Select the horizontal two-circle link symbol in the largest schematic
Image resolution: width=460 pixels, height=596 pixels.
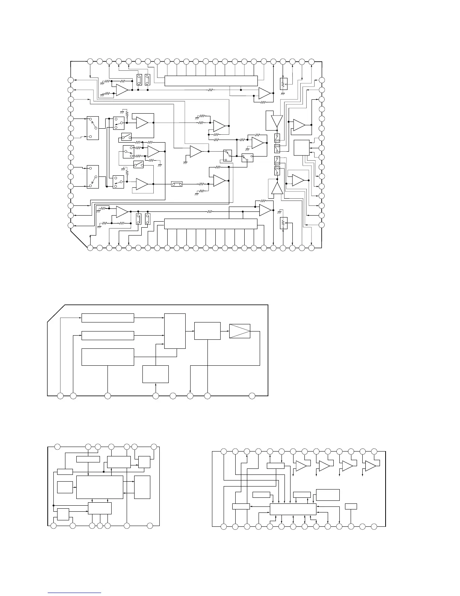(x=177, y=184)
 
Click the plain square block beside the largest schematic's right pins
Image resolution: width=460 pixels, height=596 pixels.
(x=301, y=148)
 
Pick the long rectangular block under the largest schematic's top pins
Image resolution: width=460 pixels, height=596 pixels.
(x=211, y=81)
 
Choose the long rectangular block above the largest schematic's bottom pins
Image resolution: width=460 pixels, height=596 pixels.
(x=211, y=223)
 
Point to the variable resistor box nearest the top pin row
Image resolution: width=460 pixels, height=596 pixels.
(x=284, y=83)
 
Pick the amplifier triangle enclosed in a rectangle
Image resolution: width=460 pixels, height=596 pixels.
(x=240, y=331)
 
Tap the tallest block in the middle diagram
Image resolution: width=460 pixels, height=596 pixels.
(x=175, y=331)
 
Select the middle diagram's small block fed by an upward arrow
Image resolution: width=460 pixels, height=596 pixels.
(x=156, y=374)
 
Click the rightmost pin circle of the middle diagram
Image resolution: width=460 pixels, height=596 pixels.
(x=252, y=395)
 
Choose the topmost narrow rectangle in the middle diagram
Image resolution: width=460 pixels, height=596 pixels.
(x=108, y=318)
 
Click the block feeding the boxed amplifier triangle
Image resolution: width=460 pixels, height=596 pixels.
(x=207, y=331)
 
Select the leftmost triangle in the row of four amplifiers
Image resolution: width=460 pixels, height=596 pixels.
(x=301, y=466)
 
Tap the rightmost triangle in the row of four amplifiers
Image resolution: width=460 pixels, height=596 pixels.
(x=371, y=466)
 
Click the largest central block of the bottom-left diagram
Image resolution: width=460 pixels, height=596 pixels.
(x=100, y=487)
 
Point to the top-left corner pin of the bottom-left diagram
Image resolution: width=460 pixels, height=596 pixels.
(x=57, y=447)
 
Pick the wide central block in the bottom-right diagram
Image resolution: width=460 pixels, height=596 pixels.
(x=293, y=509)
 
